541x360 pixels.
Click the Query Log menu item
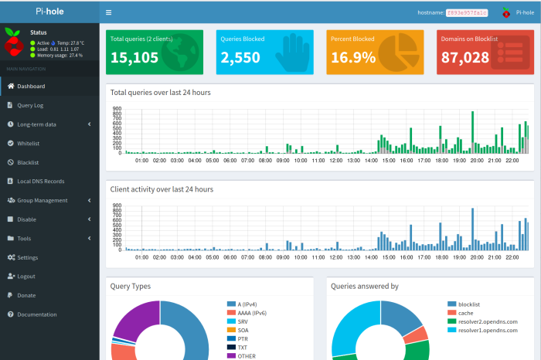coord(30,105)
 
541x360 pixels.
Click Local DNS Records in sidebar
coord(40,182)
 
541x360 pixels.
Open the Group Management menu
coord(42,200)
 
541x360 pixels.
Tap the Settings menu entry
coord(27,257)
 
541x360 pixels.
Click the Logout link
coord(26,277)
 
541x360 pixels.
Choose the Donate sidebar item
coord(26,295)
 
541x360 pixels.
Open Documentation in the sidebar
coord(36,314)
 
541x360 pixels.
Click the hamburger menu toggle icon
coord(108,12)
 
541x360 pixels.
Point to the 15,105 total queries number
coord(134,58)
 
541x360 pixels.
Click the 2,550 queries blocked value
coord(240,58)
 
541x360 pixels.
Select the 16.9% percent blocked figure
coord(353,58)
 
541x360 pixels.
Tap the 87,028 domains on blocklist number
coord(464,58)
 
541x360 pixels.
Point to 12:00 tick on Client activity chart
coord(335,257)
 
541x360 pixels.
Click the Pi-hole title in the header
coord(49,12)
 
